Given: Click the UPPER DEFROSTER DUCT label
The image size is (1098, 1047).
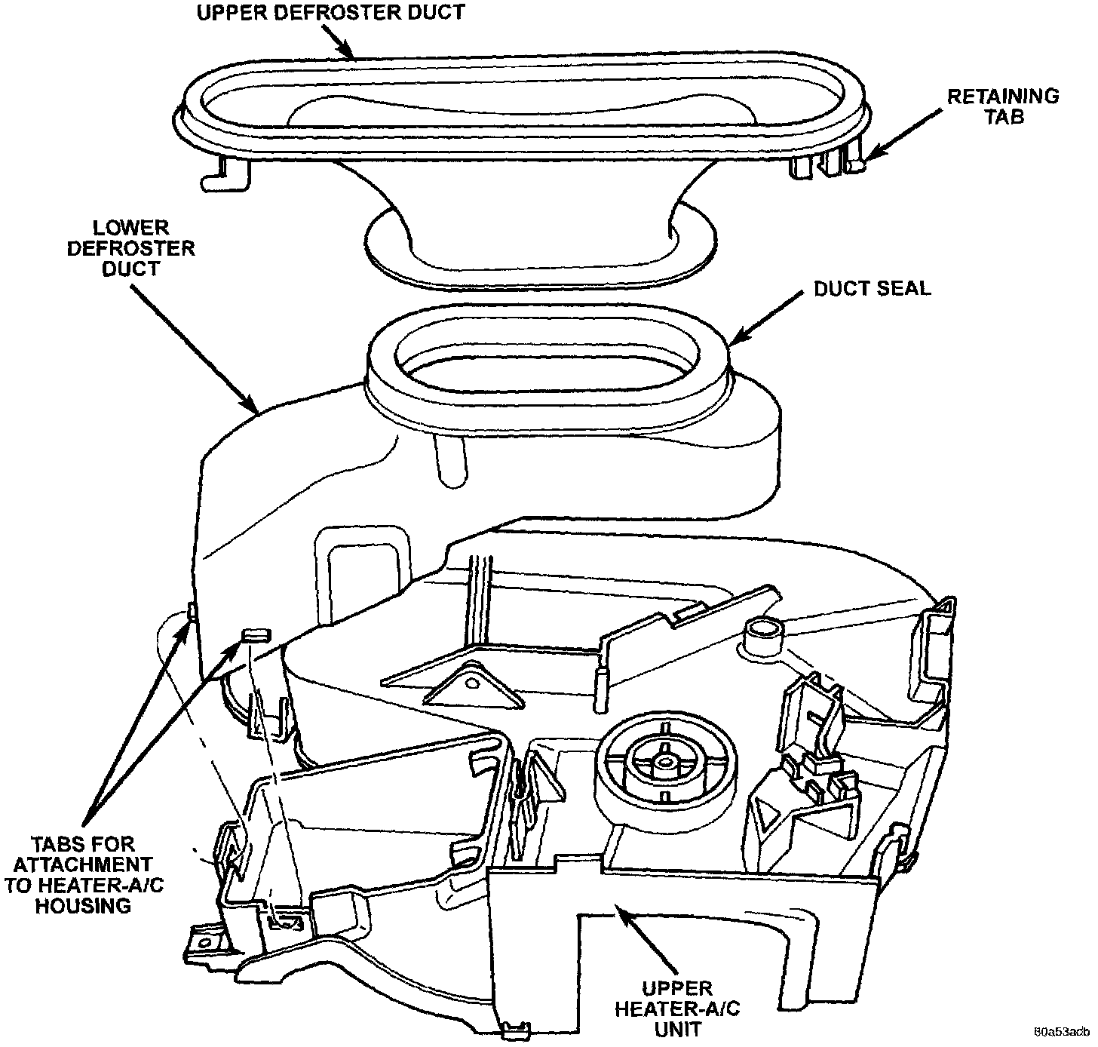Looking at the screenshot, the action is [330, 12].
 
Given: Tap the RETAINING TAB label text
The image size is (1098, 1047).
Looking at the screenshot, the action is [1003, 106].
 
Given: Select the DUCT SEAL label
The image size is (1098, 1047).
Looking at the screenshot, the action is [873, 288].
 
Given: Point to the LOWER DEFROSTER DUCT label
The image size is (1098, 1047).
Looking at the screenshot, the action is [131, 248].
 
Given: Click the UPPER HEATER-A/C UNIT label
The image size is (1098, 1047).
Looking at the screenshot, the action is [677, 1009].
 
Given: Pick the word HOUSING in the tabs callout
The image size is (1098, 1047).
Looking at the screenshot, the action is [83, 906].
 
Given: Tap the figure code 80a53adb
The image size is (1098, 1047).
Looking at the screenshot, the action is [1061, 1031].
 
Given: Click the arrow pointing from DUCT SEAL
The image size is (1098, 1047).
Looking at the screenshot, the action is [765, 319].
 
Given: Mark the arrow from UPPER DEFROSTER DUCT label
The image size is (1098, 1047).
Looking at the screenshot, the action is [339, 40].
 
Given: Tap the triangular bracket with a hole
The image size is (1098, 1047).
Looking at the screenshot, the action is [474, 686].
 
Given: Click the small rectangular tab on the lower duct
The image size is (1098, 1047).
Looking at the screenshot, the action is [256, 634].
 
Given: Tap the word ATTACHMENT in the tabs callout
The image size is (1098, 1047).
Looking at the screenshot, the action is [83, 864].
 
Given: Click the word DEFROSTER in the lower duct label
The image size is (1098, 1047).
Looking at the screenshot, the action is [131, 248].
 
